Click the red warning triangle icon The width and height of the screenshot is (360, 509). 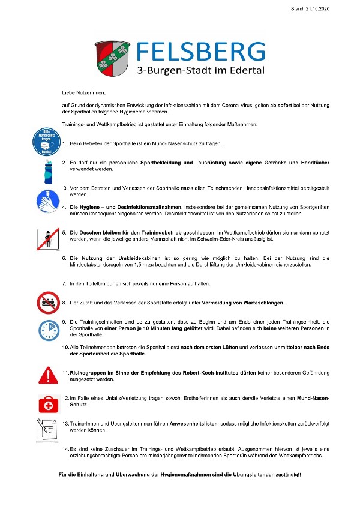coord(47,375)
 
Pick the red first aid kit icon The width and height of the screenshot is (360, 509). coord(47,403)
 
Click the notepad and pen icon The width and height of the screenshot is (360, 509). coord(47,428)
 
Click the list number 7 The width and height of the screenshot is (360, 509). coord(64,282)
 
